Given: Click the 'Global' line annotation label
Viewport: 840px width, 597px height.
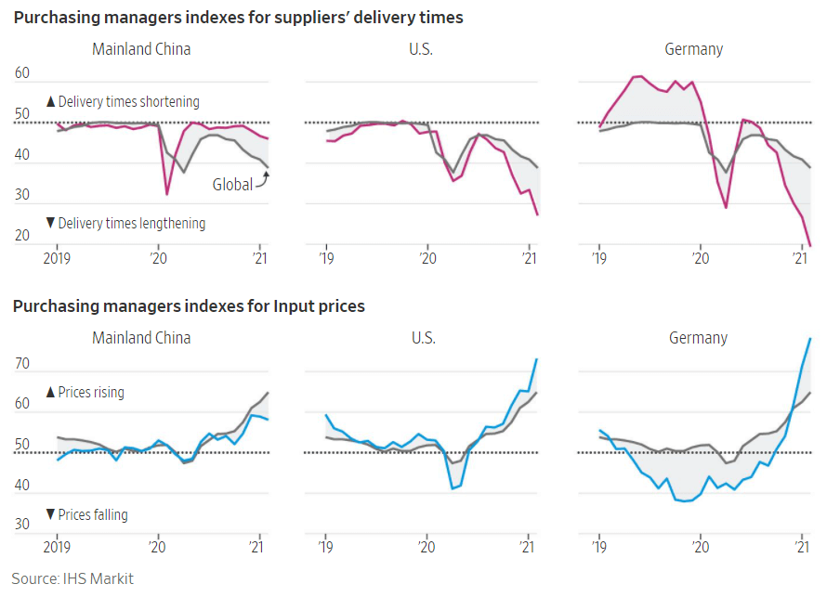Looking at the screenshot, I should (x=232, y=185).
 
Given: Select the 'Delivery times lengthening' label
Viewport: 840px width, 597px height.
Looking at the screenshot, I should (x=125, y=224).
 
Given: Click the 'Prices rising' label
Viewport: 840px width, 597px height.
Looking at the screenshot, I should (x=85, y=393).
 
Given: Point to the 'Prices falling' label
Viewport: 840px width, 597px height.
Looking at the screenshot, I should (x=86, y=515).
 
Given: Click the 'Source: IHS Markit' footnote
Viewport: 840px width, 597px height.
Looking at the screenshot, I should (x=72, y=579).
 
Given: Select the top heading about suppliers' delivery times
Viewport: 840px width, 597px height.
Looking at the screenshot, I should (x=238, y=18).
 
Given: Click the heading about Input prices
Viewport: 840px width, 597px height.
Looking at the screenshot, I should (x=189, y=306).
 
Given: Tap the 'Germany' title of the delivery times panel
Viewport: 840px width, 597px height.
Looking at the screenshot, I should (x=693, y=49).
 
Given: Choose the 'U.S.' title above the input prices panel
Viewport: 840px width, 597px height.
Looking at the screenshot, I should (x=424, y=338).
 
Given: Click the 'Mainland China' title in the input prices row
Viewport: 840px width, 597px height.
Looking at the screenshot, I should (x=141, y=338).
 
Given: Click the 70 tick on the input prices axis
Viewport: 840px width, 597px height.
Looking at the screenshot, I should (x=22, y=363).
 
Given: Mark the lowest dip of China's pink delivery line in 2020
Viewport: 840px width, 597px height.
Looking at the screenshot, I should (x=167, y=194).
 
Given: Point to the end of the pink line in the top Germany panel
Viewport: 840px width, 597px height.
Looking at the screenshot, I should (x=810, y=245).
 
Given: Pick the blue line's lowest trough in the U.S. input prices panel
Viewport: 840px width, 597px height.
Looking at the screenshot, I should (x=453, y=488).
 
